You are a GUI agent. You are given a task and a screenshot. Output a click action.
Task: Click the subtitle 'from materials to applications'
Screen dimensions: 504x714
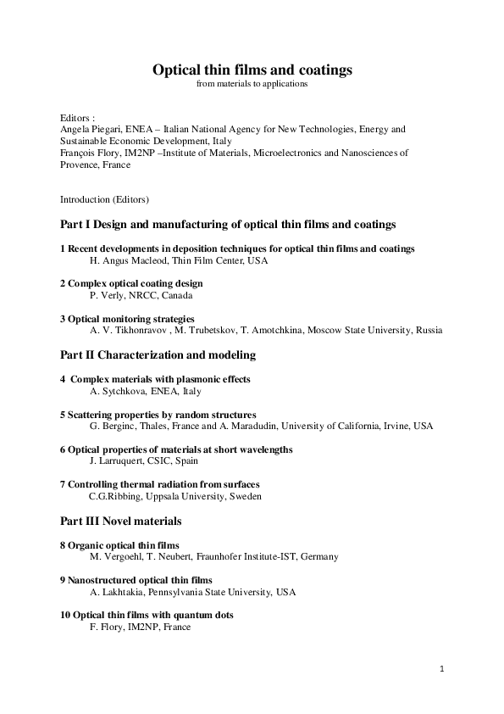[x=252, y=84]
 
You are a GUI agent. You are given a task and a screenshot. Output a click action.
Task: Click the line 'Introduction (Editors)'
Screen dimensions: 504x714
[x=104, y=199]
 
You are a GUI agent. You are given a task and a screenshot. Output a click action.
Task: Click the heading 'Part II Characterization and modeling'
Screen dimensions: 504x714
[x=158, y=354]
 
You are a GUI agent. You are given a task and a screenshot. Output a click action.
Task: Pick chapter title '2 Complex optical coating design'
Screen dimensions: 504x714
[x=131, y=283]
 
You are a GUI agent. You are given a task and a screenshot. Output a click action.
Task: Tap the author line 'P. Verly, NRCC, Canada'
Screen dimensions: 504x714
[x=141, y=295]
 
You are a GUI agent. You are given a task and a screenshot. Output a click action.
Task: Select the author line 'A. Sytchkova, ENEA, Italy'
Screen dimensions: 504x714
[x=145, y=391]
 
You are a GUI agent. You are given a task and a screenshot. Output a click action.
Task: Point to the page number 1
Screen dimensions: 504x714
[x=441, y=669]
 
